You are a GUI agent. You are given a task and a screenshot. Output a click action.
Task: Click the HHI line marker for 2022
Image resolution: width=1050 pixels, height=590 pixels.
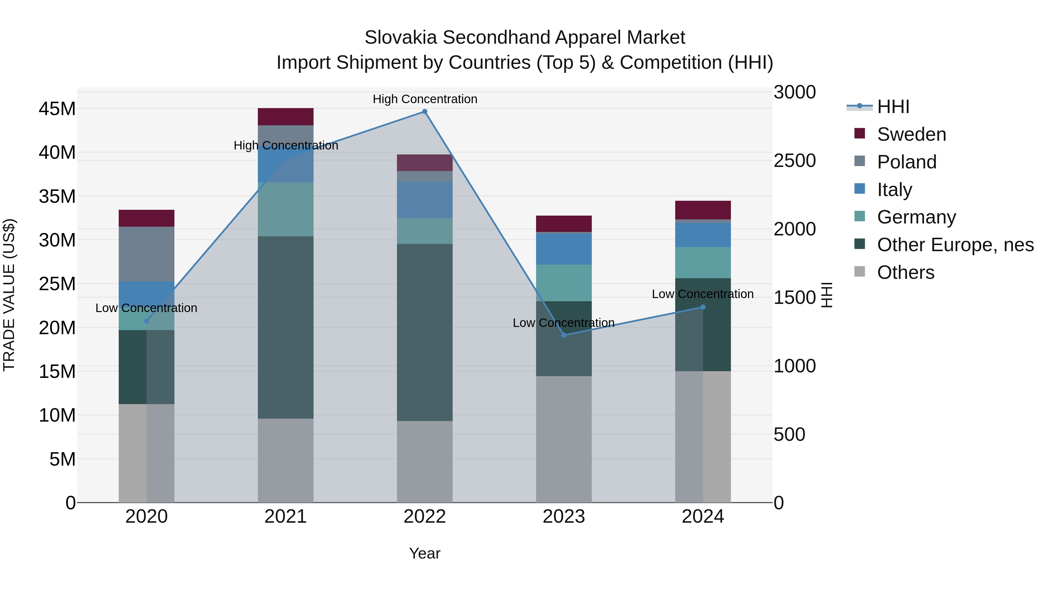pos(424,112)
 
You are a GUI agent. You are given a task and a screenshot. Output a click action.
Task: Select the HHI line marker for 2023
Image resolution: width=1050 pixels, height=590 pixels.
pos(564,335)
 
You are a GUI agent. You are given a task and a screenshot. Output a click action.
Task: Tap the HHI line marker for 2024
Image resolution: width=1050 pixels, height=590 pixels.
pos(703,307)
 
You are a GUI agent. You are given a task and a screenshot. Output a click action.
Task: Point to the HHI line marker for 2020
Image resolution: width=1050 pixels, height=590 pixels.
pos(147,321)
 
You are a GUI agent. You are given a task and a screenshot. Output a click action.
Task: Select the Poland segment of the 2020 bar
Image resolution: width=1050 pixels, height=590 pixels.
pos(147,254)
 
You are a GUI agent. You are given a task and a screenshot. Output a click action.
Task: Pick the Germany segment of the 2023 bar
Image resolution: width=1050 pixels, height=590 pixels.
pos(564,283)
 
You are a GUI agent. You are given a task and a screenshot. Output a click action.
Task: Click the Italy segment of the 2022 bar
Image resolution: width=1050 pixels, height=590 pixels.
pos(424,200)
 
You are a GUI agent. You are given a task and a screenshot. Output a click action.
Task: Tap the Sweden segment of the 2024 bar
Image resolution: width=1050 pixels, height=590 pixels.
pos(703,210)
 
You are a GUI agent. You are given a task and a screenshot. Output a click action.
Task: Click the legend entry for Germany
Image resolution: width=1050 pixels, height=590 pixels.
pos(916,217)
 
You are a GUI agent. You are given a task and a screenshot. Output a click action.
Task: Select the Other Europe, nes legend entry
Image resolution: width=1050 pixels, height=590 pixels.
pos(955,245)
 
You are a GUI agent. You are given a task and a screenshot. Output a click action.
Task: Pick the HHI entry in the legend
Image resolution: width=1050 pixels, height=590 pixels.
pos(893,107)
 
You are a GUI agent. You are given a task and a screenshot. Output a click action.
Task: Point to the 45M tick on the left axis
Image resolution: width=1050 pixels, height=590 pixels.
pos(57,109)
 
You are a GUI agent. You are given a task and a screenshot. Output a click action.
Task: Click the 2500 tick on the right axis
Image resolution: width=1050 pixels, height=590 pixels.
pos(794,161)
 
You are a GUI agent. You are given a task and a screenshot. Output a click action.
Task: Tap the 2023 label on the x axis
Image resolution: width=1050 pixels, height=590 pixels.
pos(564,517)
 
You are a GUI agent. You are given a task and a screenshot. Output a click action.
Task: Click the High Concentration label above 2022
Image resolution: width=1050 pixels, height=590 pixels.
pos(425,99)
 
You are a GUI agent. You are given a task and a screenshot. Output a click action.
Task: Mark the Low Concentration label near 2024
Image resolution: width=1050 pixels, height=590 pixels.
pos(702,294)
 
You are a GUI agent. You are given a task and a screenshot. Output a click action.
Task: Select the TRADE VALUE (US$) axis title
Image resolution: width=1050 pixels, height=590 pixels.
pos(9,295)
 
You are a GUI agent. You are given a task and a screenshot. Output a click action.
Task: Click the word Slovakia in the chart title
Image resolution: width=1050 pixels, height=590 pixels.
pos(402,38)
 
